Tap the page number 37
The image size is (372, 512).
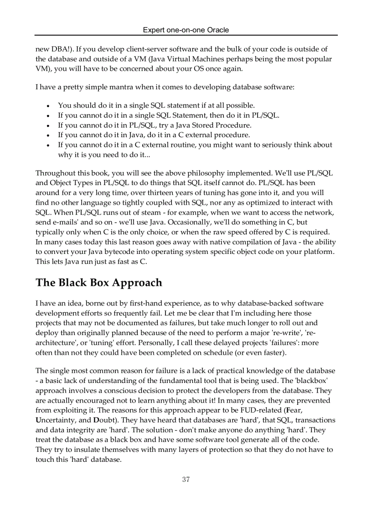tap(186, 479)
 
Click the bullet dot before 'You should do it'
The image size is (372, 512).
tap(48, 106)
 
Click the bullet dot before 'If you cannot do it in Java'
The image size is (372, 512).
tap(48, 135)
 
